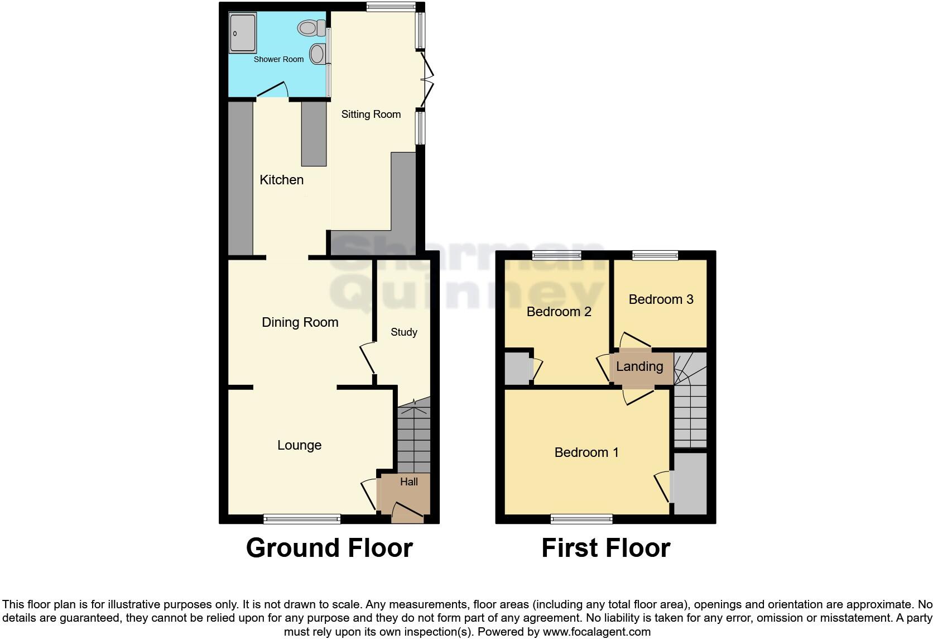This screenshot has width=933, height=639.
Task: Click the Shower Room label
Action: (278, 59)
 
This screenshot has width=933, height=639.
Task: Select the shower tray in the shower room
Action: (242, 33)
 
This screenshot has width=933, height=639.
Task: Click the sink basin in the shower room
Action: (318, 54)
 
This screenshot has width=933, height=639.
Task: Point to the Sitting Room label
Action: (371, 115)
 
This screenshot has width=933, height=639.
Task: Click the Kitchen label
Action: (282, 180)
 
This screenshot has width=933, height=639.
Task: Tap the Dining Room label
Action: (300, 322)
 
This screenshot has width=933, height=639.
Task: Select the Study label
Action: (404, 332)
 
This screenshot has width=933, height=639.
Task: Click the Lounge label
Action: (300, 445)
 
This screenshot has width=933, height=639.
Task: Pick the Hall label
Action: (409, 481)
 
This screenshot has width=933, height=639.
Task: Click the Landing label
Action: (639, 366)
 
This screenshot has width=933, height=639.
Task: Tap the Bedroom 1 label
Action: (586, 452)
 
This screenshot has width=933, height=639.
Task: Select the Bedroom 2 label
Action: (559, 312)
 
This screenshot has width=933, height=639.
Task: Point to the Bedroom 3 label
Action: (661, 299)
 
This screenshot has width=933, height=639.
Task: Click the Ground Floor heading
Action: (329, 548)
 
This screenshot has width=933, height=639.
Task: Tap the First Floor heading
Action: (606, 548)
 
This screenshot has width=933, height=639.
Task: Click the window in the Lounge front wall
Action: (302, 519)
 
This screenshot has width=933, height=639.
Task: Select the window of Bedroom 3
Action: (655, 255)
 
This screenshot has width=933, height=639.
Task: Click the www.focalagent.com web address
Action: (597, 632)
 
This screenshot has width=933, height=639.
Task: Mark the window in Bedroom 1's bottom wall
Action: (581, 519)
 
